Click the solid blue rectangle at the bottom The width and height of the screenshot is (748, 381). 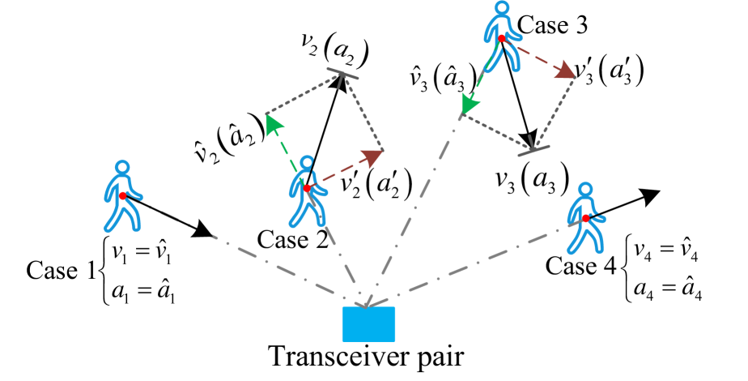click(x=369, y=324)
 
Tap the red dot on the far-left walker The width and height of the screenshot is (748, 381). click(x=123, y=195)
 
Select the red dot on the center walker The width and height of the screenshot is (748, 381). click(x=308, y=188)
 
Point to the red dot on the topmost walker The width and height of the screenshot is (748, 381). click(x=502, y=38)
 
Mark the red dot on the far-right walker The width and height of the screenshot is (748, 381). click(x=585, y=218)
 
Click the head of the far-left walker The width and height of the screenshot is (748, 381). click(x=122, y=168)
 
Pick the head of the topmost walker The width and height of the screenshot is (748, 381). click(x=502, y=8)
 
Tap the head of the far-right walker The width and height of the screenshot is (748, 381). click(x=584, y=190)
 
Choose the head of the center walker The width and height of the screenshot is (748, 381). click(x=307, y=162)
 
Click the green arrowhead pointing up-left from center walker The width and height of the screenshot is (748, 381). click(x=273, y=123)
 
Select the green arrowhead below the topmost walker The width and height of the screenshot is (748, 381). click(x=469, y=104)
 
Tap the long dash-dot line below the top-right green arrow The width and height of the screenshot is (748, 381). click(x=413, y=211)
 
